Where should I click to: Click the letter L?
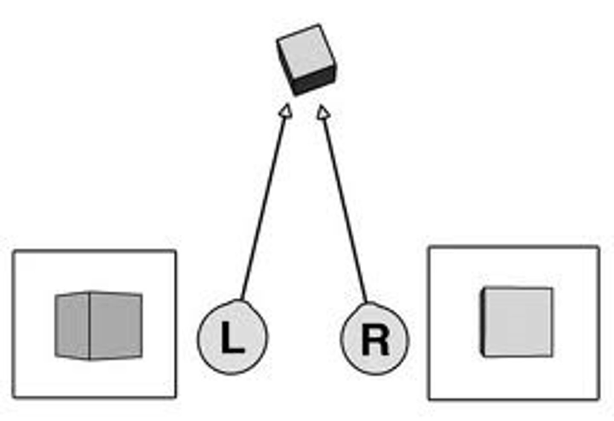(x=232, y=337)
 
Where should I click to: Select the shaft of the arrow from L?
(x=263, y=205)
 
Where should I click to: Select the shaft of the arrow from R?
(x=345, y=205)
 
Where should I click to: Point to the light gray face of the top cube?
(x=305, y=51)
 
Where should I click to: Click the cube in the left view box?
(x=98, y=326)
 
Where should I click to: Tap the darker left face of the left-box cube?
(x=72, y=326)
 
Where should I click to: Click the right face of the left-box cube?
(x=116, y=326)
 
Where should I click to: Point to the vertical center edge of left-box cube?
(x=89, y=326)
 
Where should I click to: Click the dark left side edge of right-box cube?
(x=483, y=322)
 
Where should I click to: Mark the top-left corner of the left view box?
(x=14, y=251)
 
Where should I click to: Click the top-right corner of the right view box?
(x=598, y=247)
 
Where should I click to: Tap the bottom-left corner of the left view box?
(x=14, y=397)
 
